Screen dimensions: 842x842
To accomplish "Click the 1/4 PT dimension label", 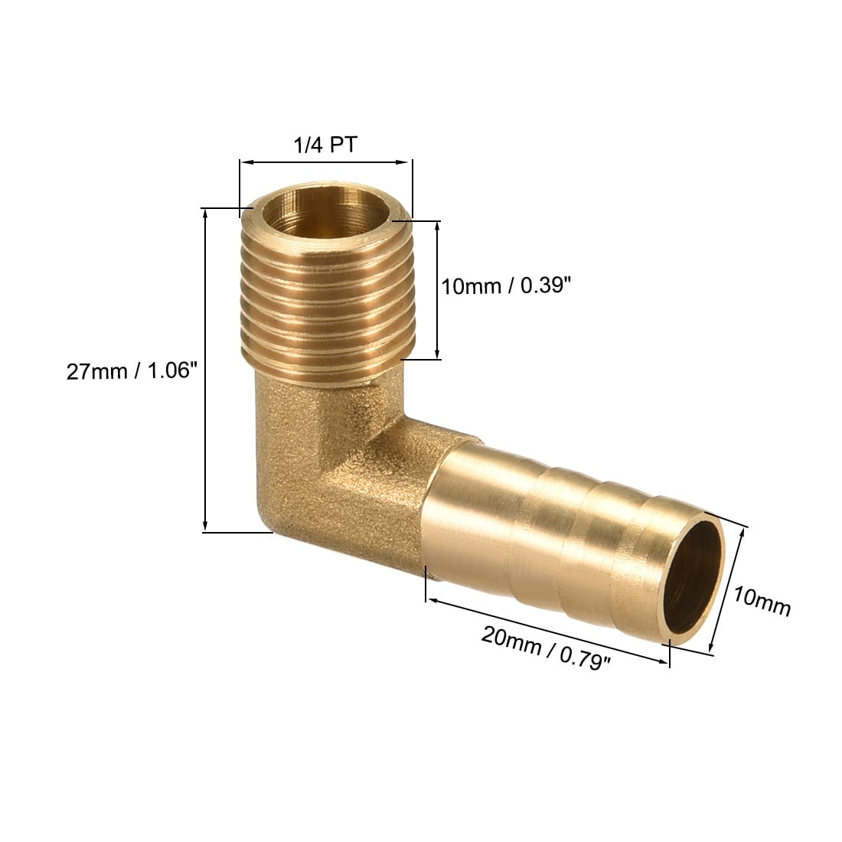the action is point(325,145).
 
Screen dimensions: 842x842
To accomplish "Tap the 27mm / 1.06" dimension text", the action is point(132,371).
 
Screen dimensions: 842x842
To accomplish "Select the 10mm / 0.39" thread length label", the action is point(504,286).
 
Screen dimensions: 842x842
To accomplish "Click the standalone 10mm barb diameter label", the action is point(762,601).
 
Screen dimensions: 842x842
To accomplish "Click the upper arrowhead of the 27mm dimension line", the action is point(204,214).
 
